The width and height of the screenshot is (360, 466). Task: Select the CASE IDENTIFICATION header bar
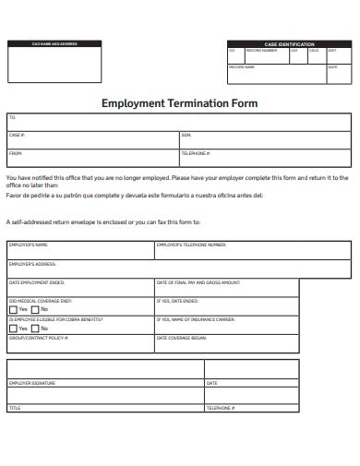[x=289, y=43]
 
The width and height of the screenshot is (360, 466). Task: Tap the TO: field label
[x=13, y=118]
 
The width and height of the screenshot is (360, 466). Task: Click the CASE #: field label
[x=17, y=136]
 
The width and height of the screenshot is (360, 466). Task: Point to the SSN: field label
[x=186, y=136]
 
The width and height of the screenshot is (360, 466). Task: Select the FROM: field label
[x=16, y=153]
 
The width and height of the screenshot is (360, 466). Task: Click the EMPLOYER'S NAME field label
[x=28, y=245]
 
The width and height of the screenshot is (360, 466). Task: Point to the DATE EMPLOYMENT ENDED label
[x=37, y=282]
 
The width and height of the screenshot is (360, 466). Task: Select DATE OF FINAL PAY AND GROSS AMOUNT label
[x=198, y=282]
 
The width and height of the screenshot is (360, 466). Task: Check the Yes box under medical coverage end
[x=13, y=309]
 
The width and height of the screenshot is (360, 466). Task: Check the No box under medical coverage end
[x=35, y=309]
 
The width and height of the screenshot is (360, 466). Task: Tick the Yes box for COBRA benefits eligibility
[x=13, y=329]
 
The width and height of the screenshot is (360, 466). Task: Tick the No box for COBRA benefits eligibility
[x=35, y=329]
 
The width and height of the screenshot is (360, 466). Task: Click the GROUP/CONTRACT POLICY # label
[x=40, y=339]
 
